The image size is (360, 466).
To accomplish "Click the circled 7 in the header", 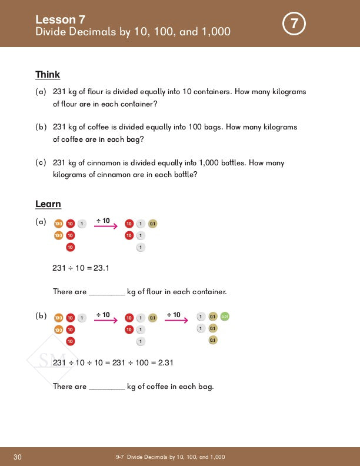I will pyautogui.click(x=294, y=24).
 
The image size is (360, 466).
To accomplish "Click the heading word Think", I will pyautogui.click(x=48, y=75).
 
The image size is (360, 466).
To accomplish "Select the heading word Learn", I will pyautogui.click(x=48, y=204).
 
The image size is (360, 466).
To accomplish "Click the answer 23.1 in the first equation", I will pyautogui.click(x=101, y=268).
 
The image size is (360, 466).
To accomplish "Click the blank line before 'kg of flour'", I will pyautogui.click(x=106, y=292).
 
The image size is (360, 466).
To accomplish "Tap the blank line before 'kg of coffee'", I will pyautogui.click(x=106, y=387).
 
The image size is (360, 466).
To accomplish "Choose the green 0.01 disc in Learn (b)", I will pyautogui.click(x=225, y=317).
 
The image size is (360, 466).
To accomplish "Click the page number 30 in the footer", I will pyautogui.click(x=17, y=457).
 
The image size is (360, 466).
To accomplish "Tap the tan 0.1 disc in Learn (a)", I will pyautogui.click(x=152, y=224).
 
